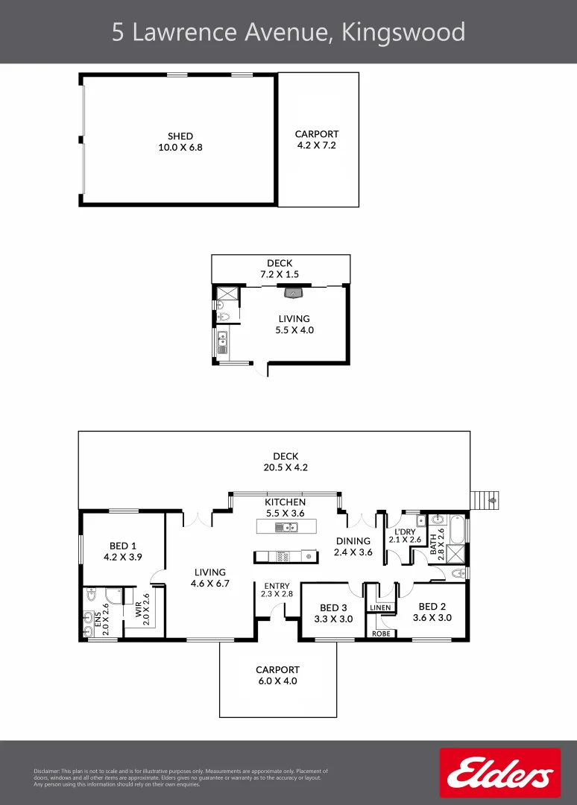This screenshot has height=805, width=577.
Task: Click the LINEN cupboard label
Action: pyautogui.click(x=380, y=608)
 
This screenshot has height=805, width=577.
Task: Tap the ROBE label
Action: pyautogui.click(x=380, y=634)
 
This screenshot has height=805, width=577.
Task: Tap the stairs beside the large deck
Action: pyautogui.click(x=485, y=499)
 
